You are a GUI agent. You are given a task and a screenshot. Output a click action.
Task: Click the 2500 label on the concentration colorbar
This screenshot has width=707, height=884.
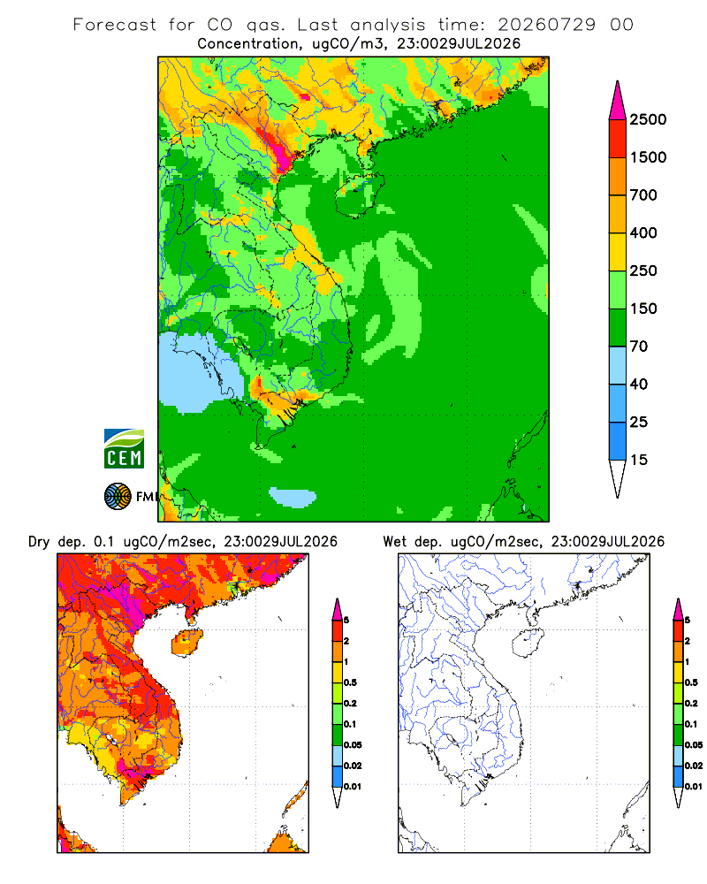(648, 119)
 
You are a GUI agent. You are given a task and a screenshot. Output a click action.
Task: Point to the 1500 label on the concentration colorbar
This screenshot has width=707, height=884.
(648, 157)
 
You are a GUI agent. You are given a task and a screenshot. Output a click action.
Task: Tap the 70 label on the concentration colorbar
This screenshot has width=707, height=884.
(639, 347)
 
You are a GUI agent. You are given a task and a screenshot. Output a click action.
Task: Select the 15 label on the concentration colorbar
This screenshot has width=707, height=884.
(639, 460)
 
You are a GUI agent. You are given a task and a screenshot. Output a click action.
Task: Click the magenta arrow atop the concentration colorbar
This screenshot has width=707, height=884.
(618, 102)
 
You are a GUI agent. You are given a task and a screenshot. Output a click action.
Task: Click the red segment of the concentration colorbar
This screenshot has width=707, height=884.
(618, 139)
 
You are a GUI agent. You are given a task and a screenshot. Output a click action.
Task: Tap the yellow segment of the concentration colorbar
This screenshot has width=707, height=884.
(618, 252)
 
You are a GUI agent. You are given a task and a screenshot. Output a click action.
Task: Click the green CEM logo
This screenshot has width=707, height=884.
(124, 449)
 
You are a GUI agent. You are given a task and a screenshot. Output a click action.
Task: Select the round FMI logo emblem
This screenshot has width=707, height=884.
(118, 497)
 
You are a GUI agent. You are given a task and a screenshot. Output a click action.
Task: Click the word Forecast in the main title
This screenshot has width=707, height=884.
(115, 25)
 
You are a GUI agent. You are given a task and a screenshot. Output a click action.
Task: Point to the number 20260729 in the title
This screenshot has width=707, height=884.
(546, 25)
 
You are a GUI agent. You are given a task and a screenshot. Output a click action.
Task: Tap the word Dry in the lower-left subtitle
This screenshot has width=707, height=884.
(39, 542)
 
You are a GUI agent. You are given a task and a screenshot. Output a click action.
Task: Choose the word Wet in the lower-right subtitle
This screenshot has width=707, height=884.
(395, 542)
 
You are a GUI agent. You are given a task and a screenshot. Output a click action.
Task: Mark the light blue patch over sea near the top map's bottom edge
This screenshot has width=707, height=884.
(293, 497)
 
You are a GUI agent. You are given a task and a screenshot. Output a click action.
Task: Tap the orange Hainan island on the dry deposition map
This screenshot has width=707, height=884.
(187, 644)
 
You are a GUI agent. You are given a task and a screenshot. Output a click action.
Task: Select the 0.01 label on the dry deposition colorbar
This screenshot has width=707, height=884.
(353, 787)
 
